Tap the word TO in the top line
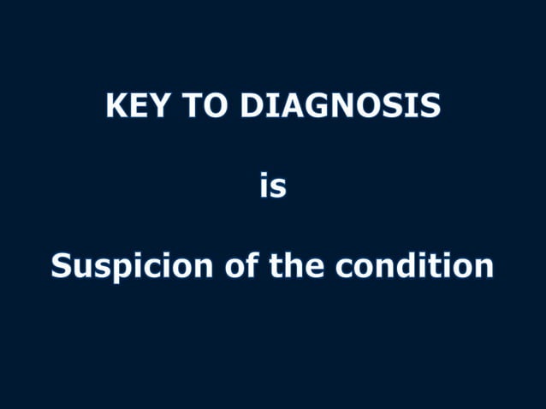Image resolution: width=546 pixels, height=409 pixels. pyautogui.click(x=205, y=105)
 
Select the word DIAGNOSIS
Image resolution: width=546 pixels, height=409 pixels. pyautogui.click(x=341, y=105)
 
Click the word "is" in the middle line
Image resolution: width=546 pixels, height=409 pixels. pyautogui.click(x=273, y=186)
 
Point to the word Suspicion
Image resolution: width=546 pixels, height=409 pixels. pyautogui.click(x=131, y=266)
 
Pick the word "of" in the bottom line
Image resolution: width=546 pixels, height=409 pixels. pyautogui.click(x=241, y=266)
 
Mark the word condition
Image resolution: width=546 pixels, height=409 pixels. pyautogui.click(x=414, y=266)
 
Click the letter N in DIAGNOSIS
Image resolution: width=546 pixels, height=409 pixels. pyautogui.click(x=342, y=105)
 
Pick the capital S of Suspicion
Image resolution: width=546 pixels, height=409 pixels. pyautogui.click(x=62, y=266)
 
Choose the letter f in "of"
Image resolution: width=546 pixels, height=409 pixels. pyautogui.click(x=252, y=265)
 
